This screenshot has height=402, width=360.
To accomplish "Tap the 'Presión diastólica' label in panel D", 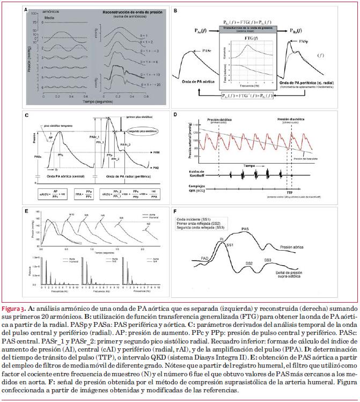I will coord(292,120).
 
